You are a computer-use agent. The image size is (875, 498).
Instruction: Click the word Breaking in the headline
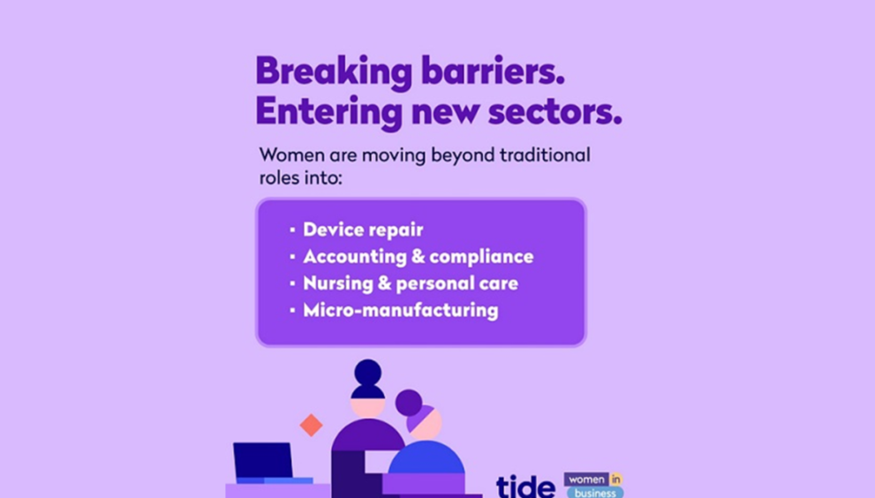(334, 72)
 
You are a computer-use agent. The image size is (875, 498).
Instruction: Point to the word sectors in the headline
(554, 111)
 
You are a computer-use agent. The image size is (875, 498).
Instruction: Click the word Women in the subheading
(291, 155)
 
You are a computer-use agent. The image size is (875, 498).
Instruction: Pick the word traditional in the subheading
(545, 155)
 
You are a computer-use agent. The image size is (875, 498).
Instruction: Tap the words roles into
(300, 177)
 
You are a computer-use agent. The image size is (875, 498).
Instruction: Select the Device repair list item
(363, 230)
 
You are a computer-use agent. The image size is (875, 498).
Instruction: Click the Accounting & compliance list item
(418, 256)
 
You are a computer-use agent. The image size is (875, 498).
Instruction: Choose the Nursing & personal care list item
(411, 283)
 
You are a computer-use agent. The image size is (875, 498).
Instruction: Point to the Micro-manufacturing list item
(400, 310)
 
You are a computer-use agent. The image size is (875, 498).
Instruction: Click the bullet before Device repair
(292, 230)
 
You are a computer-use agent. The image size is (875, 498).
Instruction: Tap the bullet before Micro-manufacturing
(292, 310)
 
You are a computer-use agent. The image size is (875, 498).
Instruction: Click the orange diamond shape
(311, 426)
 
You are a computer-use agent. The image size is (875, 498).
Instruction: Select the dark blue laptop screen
(263, 460)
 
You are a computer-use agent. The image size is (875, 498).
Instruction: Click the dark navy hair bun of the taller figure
(367, 373)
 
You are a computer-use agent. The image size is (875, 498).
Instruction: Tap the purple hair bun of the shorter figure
(409, 404)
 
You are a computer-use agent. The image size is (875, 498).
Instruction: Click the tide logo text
(525, 486)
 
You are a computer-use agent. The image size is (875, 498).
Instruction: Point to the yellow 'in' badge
(615, 479)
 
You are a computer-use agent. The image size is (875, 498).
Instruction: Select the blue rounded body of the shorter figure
(426, 457)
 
